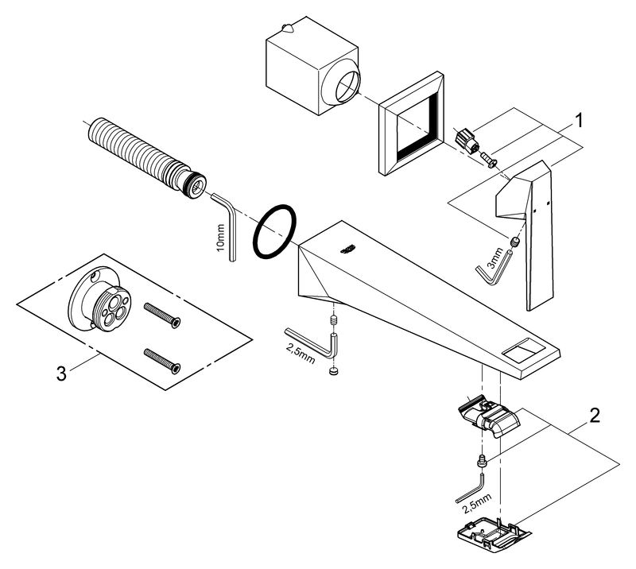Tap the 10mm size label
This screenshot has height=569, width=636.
pos(221,238)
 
